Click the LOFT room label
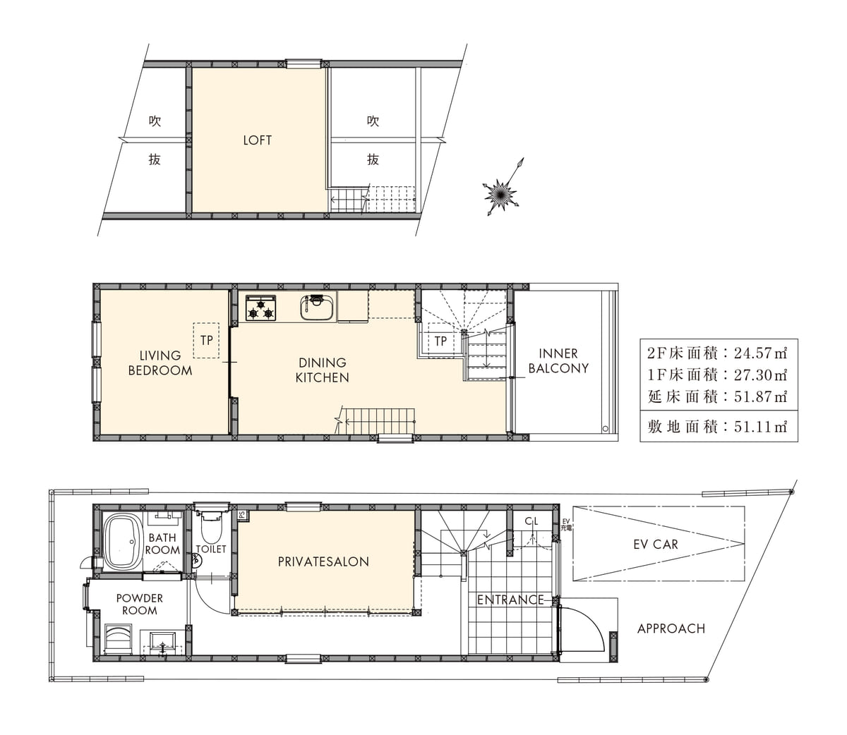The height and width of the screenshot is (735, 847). click(257, 140)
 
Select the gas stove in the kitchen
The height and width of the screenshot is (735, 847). click(261, 308)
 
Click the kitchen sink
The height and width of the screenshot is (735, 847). click(317, 308)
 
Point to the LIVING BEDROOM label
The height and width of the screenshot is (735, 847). click(160, 363)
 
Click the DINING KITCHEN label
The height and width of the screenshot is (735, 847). click(322, 370)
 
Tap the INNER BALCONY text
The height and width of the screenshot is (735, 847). click(558, 360)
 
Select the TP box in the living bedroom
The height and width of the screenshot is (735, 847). click(206, 340)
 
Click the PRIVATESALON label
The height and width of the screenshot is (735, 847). click(323, 561)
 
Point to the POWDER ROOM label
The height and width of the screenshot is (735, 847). click(140, 605)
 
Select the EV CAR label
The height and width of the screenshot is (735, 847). click(656, 545)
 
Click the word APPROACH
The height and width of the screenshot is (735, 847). click(671, 628)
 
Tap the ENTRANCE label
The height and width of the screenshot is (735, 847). click(510, 600)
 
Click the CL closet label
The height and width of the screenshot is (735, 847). click(531, 521)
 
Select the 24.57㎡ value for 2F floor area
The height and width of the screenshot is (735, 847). click(760, 353)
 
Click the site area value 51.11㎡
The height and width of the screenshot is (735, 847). click(760, 427)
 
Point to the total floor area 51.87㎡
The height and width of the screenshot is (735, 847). click(760, 396)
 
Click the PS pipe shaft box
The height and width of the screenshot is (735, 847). click(242, 515)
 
